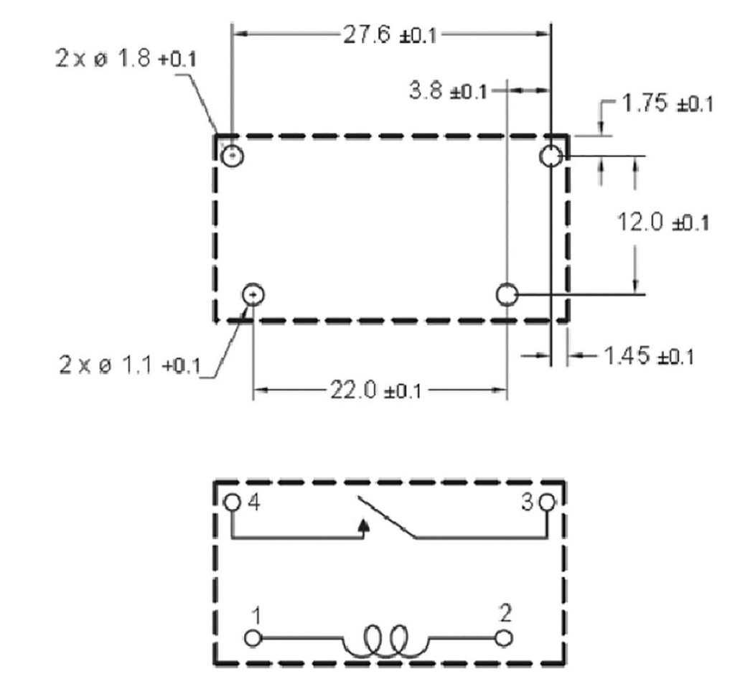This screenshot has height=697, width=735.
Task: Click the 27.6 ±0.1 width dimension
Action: pos(390,34)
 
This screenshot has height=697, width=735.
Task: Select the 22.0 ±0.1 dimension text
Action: pos(376,390)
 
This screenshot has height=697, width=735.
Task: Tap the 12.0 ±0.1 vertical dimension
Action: pos(663,222)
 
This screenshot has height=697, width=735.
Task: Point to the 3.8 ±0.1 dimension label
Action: pos(448,90)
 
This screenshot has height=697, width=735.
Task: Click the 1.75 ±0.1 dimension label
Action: pos(667,103)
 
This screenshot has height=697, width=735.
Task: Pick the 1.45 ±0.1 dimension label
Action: pos(649,356)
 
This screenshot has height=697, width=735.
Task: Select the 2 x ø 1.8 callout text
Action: pos(126,59)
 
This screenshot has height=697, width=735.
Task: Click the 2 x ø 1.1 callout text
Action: pos(130,365)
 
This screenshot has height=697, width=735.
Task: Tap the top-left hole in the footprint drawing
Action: pos(232,156)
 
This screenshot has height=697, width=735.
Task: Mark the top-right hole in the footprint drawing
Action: pos(551,156)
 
